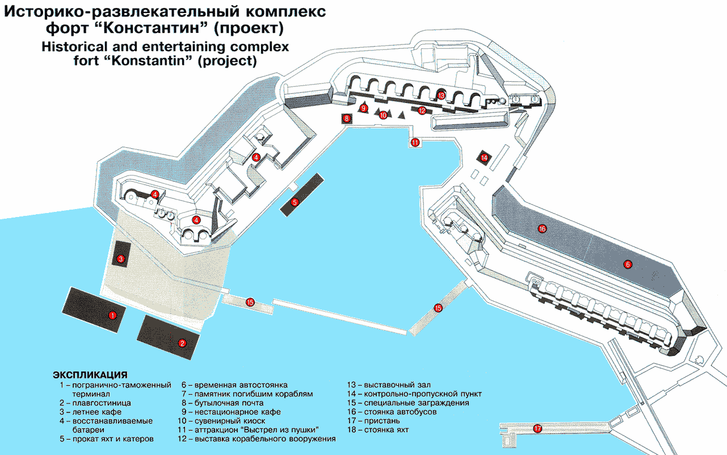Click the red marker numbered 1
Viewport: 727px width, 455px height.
point(112,315)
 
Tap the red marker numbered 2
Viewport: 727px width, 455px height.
point(182,343)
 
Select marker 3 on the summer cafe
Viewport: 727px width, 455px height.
point(121,259)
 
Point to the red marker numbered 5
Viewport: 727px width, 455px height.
point(295,203)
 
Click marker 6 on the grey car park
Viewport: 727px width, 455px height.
point(627,264)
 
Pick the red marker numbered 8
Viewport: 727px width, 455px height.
point(347,119)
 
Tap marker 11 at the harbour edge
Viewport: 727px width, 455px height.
point(415,142)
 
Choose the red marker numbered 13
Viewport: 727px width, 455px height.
point(441,95)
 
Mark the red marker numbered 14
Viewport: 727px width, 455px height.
point(484,158)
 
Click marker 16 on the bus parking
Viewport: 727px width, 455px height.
point(542,229)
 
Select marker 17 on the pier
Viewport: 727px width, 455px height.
point(537,429)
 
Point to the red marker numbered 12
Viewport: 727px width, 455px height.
point(422,111)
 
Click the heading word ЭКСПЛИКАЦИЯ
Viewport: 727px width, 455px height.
point(90,375)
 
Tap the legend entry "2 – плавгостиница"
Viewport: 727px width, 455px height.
point(95,403)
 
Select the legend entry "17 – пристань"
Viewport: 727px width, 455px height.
point(373,421)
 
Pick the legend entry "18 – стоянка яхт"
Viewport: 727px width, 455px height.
point(378,430)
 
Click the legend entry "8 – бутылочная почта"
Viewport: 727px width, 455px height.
point(222,403)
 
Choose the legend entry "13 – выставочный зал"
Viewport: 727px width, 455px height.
point(389,385)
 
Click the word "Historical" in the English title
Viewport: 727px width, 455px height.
point(74,47)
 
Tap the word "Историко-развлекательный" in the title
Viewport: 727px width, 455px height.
point(121,12)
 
